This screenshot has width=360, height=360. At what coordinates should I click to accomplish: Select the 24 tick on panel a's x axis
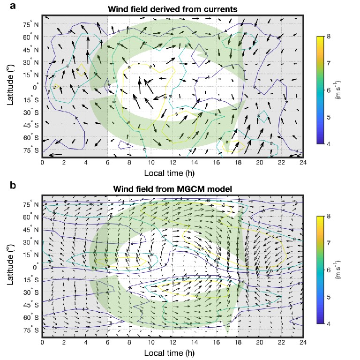point(303,163)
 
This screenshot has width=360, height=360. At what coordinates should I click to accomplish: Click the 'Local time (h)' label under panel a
point(173,172)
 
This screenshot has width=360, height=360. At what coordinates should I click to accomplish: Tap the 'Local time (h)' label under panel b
point(173,352)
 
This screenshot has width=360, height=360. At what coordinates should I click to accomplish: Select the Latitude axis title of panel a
point(12,87)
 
